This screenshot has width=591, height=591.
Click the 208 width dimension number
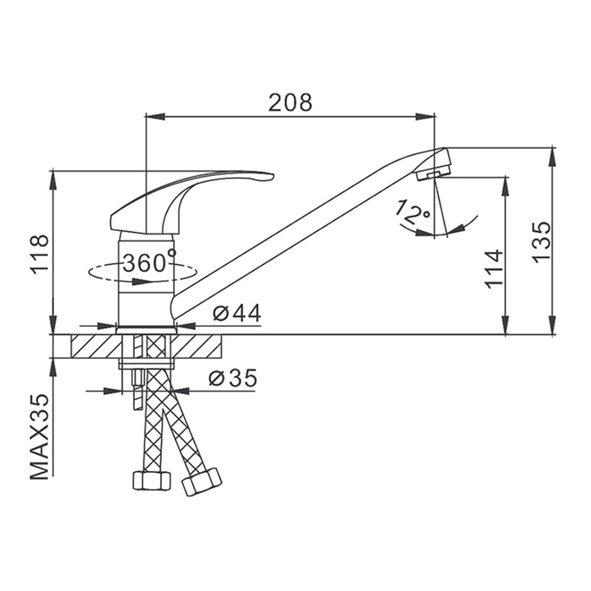290,102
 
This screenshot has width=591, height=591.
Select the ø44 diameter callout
237,313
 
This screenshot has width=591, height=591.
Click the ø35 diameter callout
233,378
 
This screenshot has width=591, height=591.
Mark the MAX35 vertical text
40,437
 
